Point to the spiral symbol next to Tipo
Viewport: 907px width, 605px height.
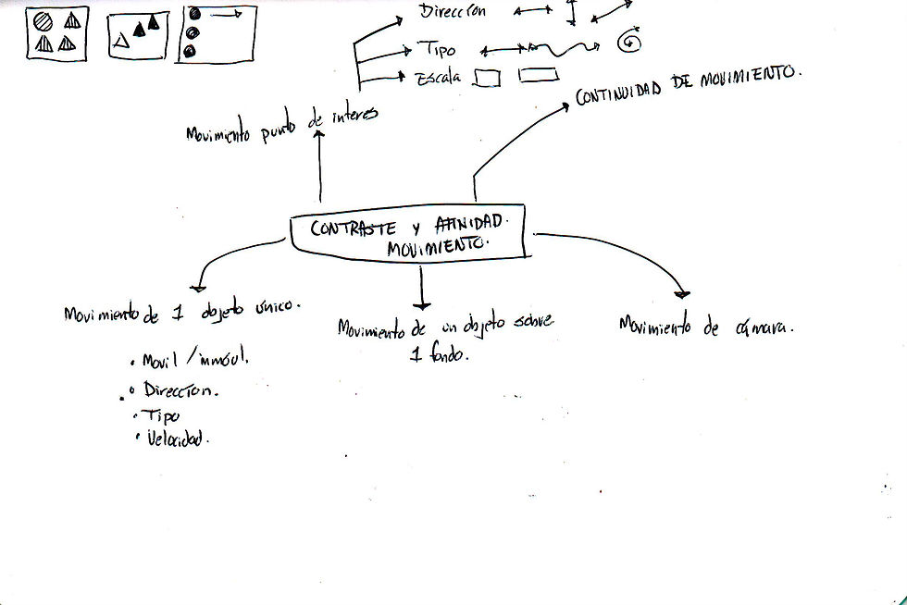pos(631,41)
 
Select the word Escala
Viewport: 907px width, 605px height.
pos(435,78)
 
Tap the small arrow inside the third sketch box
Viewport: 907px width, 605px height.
pos(228,14)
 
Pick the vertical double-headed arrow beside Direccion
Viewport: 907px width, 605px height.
pos(572,11)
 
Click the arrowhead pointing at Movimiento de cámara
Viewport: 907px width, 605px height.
pos(681,292)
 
